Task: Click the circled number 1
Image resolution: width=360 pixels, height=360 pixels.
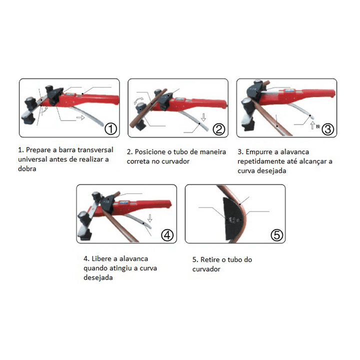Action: click(x=111, y=129)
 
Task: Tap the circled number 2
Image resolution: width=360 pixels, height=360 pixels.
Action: click(x=219, y=129)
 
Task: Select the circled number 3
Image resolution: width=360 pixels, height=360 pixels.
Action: click(x=327, y=129)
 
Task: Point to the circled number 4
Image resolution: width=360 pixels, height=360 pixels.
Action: click(x=167, y=235)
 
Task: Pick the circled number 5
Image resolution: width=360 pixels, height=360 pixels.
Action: click(x=276, y=235)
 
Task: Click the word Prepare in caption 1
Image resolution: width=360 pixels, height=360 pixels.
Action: click(x=38, y=150)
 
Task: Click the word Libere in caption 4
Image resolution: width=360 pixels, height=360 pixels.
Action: click(x=101, y=259)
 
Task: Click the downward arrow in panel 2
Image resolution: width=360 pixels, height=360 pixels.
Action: click(x=203, y=117)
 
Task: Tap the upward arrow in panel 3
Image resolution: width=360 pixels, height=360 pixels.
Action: click(x=312, y=125)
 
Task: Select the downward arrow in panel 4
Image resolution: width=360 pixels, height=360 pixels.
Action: click(x=149, y=218)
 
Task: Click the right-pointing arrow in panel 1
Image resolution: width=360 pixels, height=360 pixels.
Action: click(x=80, y=118)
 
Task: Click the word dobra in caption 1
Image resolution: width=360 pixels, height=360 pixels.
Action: click(x=27, y=169)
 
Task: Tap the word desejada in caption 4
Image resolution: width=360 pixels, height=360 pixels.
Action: click(x=98, y=277)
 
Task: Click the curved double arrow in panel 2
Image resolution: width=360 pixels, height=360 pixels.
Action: click(x=138, y=100)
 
